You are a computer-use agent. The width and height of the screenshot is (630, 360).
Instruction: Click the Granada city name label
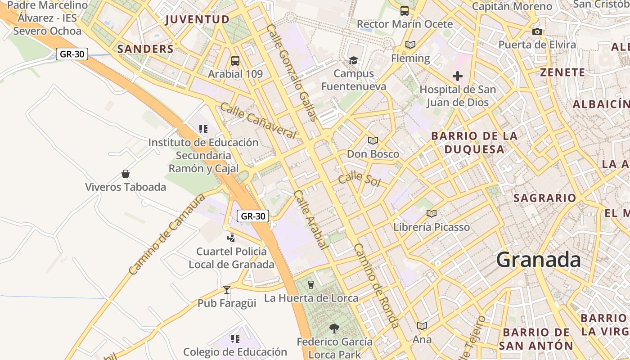(x=539, y=260)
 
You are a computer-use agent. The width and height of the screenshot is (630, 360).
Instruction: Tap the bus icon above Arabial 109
(x=235, y=60)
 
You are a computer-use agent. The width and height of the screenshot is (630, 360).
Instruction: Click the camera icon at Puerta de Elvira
(x=537, y=31)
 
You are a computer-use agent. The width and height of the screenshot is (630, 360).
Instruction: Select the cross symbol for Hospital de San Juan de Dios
(x=458, y=76)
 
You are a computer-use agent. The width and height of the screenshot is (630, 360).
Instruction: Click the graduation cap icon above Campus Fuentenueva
(x=354, y=60)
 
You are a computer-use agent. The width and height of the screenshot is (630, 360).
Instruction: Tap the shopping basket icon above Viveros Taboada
(x=126, y=174)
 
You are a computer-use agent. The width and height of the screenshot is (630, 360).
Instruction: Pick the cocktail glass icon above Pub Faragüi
(x=227, y=289)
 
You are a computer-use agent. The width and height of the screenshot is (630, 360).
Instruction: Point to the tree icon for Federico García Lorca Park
(x=334, y=328)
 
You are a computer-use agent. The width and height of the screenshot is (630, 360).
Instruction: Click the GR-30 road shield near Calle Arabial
(x=253, y=216)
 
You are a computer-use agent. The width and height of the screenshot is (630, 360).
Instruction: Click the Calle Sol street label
(x=360, y=179)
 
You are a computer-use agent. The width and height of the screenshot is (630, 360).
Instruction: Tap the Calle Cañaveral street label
(x=258, y=121)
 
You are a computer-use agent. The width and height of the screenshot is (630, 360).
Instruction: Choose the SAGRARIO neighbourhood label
(x=544, y=198)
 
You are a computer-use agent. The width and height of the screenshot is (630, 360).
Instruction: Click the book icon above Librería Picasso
(x=431, y=213)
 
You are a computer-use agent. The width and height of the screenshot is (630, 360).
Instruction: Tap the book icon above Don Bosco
(x=373, y=140)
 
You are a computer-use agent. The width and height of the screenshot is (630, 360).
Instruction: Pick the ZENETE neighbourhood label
(x=562, y=72)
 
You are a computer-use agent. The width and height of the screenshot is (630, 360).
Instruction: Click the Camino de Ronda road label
(x=376, y=285)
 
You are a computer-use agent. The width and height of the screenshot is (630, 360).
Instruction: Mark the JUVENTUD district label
(x=198, y=19)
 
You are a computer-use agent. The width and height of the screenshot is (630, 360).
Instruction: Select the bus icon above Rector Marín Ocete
(x=405, y=11)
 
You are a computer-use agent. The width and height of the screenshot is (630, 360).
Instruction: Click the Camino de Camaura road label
(x=166, y=234)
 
